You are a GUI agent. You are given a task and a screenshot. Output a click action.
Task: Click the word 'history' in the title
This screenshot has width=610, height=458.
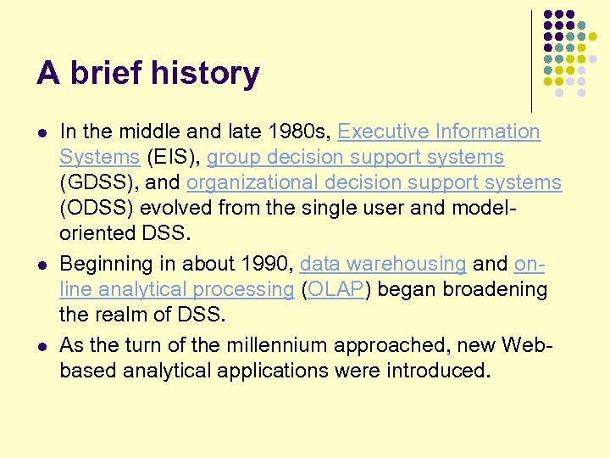coord(208,75)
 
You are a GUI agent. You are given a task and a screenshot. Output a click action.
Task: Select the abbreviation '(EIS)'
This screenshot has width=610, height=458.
coord(173,158)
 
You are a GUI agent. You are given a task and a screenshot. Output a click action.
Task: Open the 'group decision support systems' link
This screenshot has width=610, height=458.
coord(355,158)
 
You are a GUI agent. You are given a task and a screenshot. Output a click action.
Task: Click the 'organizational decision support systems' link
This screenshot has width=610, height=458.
coord(374,183)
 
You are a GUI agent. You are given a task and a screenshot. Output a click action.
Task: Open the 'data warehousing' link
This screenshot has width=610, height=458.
coord(383,263)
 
